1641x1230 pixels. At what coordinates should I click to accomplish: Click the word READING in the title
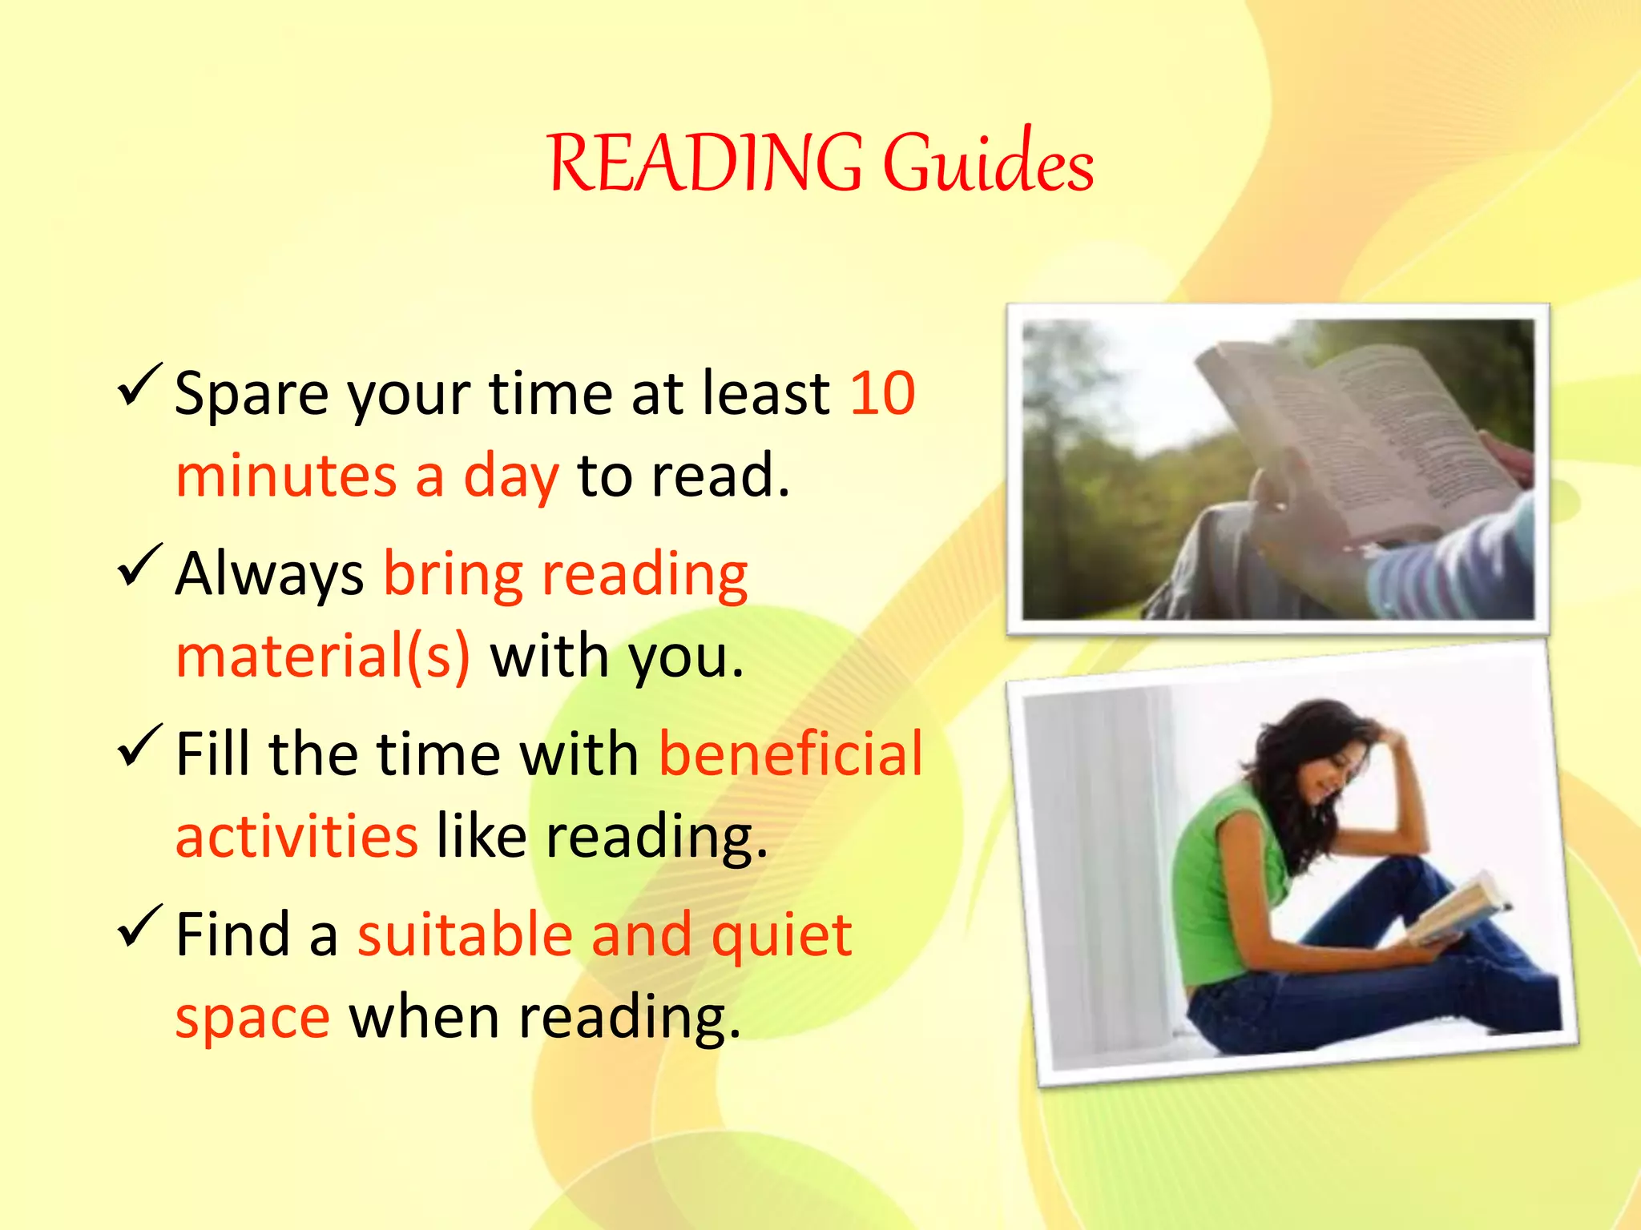point(705,164)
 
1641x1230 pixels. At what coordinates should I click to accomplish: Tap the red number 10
point(882,394)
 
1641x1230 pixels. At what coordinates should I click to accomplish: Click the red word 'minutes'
point(286,476)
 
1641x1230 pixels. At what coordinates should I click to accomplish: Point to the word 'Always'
point(269,575)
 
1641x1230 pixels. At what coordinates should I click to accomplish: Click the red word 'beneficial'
point(790,755)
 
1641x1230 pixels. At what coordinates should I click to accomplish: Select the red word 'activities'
point(296,837)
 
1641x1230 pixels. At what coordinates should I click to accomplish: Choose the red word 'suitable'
point(465,935)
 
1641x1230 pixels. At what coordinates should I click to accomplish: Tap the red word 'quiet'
point(781,935)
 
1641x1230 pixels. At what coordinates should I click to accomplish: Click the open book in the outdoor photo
point(1362,432)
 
